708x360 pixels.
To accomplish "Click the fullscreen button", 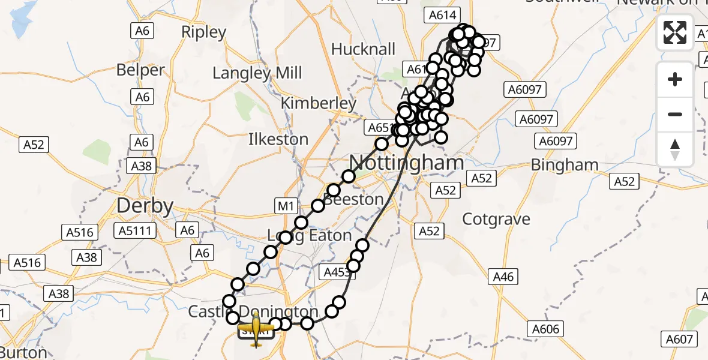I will coord(675,32).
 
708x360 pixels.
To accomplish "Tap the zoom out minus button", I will coord(675,114).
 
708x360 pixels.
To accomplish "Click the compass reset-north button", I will coord(675,149).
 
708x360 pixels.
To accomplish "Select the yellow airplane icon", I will coord(257,329).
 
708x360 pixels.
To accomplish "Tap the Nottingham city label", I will coord(407,163).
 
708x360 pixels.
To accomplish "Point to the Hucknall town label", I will coord(363,49).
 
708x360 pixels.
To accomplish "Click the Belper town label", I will coord(140,70).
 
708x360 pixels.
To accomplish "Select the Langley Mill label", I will coord(257,73).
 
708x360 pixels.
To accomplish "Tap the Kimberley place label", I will coord(319,103).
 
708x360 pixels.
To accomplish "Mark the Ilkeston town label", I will coord(278,139).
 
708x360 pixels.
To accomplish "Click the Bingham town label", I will coord(565,164).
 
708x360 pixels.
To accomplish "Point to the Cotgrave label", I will coord(496,219).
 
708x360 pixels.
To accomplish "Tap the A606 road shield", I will coord(545,329).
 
